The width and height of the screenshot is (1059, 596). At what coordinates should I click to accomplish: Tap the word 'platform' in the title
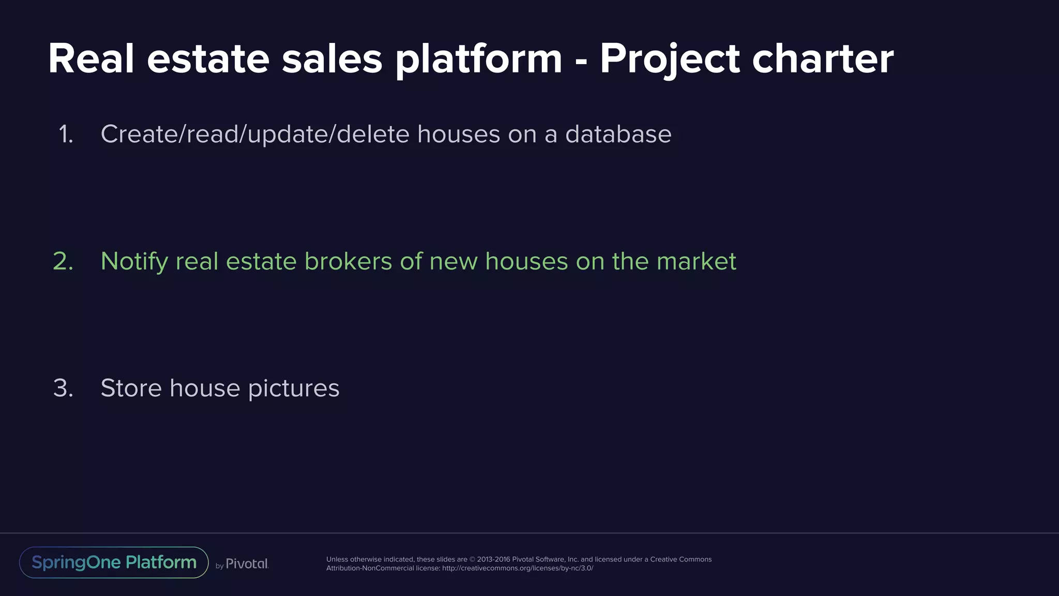click(479, 59)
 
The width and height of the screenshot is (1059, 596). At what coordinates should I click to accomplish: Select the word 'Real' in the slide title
click(92, 59)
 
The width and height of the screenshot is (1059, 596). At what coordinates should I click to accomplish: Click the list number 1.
click(66, 135)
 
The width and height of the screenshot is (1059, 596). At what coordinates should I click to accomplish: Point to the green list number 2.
click(63, 261)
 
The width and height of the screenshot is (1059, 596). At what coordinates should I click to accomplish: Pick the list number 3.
click(63, 388)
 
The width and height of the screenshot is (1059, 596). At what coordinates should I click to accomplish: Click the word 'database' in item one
click(618, 135)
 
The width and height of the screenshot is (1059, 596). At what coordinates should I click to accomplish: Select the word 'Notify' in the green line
click(134, 261)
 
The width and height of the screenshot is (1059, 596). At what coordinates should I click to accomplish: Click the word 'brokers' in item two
click(348, 261)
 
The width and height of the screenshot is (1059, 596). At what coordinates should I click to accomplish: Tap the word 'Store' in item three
click(131, 388)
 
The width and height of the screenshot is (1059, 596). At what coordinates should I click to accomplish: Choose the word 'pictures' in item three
click(293, 388)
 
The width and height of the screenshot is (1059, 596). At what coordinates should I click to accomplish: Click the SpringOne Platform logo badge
click(114, 562)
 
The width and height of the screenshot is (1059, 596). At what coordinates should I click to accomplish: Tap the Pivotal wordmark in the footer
click(247, 564)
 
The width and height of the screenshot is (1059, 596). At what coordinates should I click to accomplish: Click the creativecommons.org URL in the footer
click(518, 569)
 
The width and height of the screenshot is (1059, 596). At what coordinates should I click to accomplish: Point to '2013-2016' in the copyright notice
click(493, 559)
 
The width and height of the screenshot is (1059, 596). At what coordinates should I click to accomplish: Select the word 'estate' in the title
click(208, 59)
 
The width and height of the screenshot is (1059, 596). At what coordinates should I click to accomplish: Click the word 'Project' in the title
click(670, 59)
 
